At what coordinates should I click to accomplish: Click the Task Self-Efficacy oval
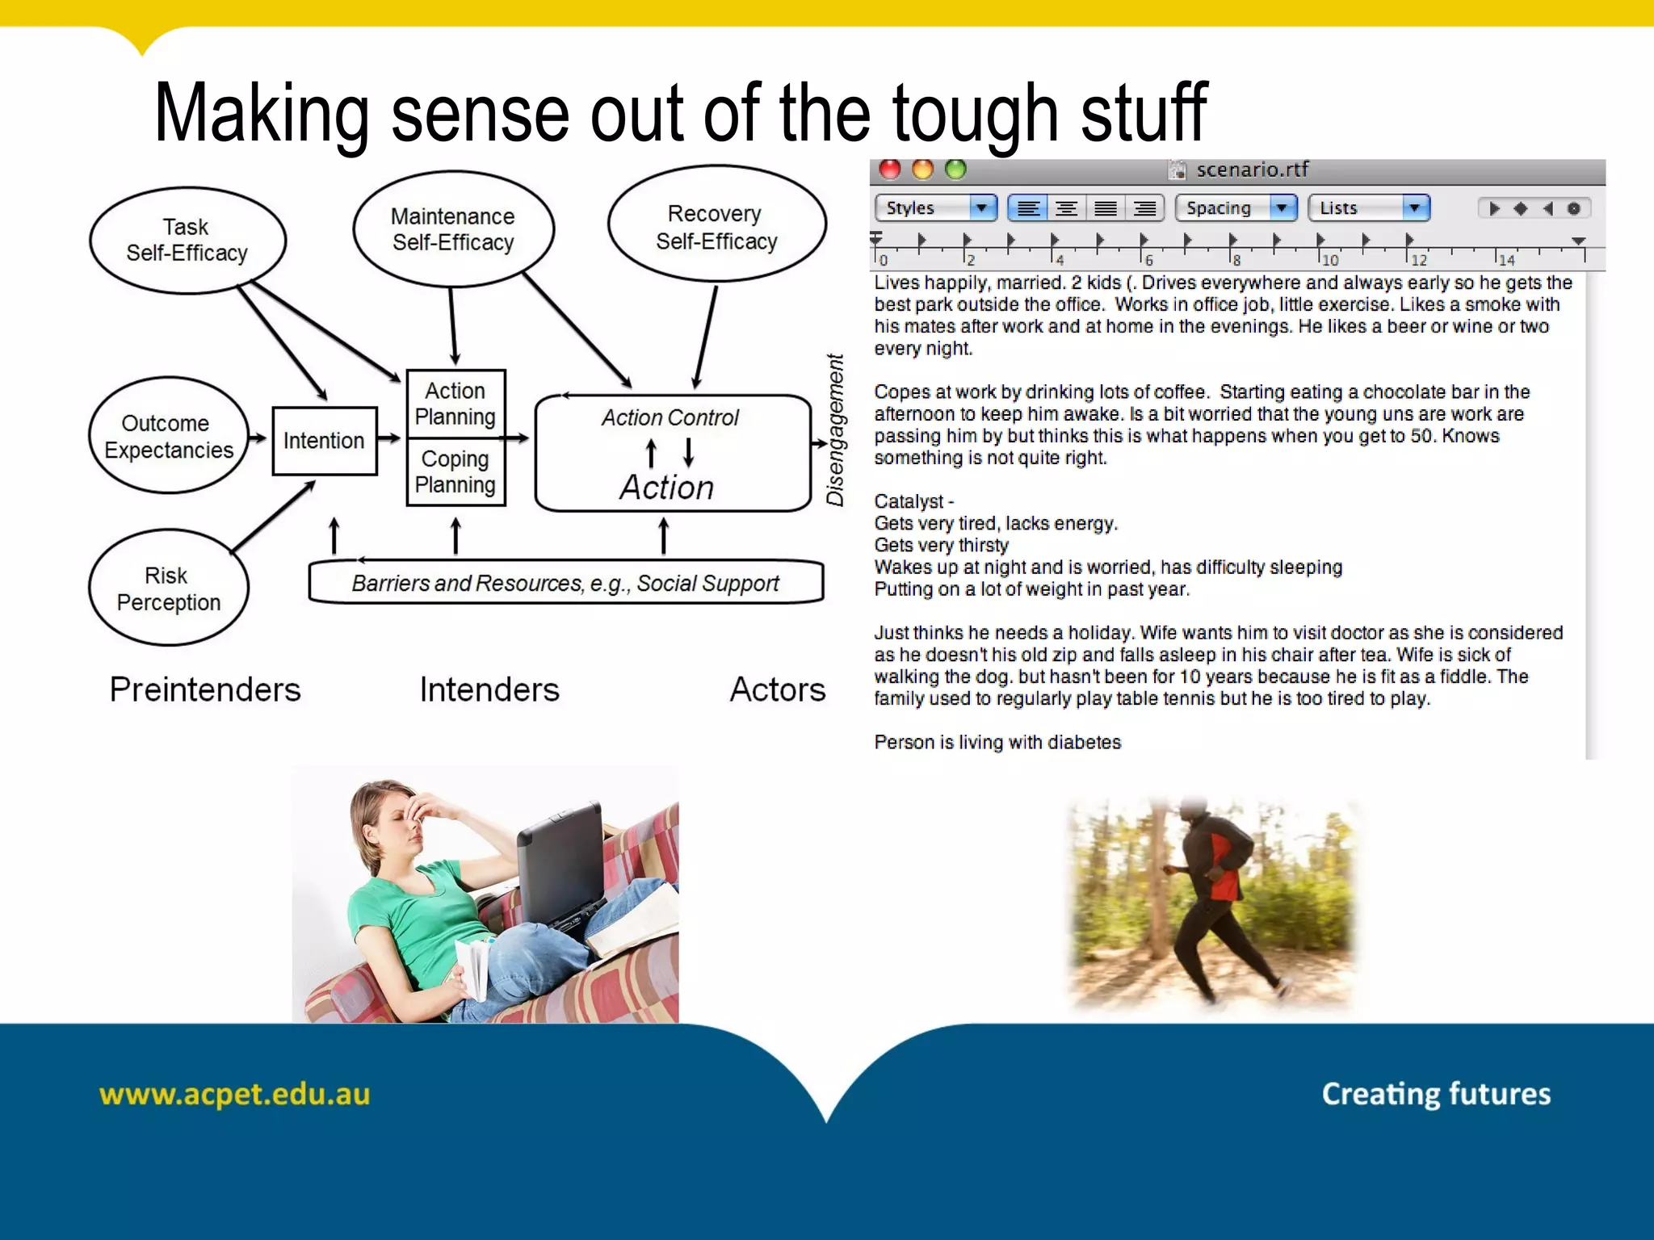tap(187, 240)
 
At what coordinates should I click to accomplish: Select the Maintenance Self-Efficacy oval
tap(453, 229)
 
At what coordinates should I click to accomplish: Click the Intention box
tap(324, 441)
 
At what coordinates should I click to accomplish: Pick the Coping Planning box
tap(455, 471)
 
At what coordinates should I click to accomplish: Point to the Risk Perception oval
tap(168, 589)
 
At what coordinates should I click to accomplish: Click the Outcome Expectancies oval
tap(168, 436)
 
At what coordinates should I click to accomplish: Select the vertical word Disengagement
tap(835, 429)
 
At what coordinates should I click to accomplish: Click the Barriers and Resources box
tap(565, 583)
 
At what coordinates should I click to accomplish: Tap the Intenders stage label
tap(489, 690)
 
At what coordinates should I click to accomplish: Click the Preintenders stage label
tap(205, 690)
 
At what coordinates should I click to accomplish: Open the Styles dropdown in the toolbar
tap(935, 208)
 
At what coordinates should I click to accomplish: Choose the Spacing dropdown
tap(1235, 208)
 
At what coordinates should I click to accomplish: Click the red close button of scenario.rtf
tap(890, 170)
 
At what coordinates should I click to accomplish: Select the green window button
tap(955, 170)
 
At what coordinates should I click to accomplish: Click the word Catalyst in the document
tap(908, 501)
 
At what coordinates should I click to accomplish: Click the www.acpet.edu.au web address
tap(234, 1095)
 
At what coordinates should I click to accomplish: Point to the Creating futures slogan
tap(1435, 1095)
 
